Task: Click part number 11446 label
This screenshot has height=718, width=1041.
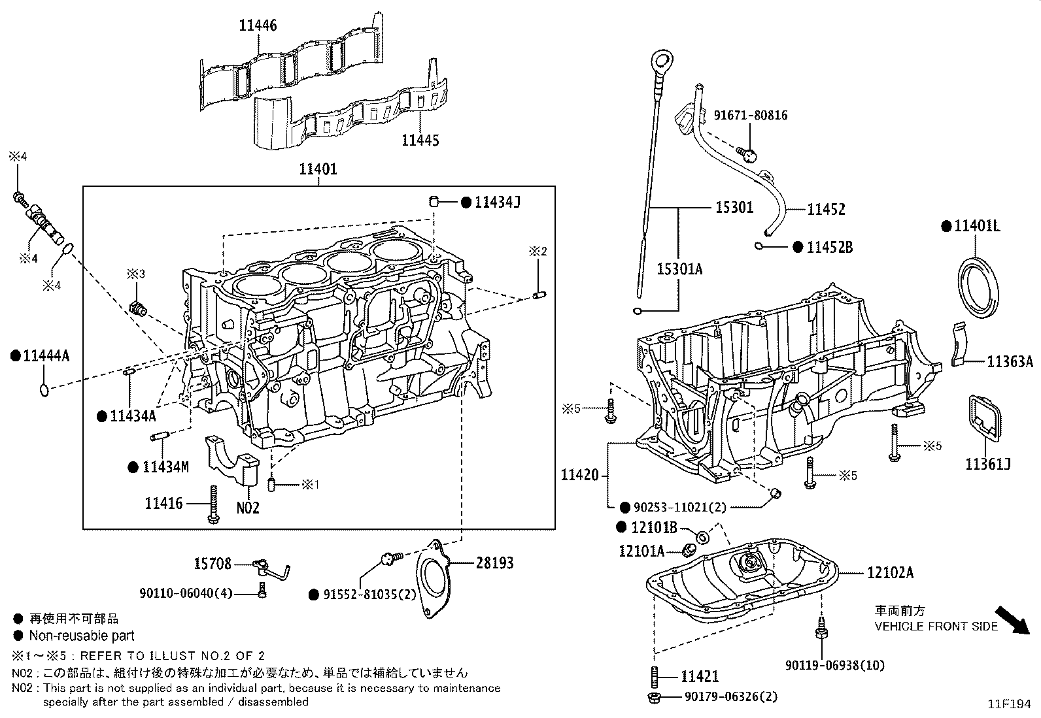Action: (x=258, y=25)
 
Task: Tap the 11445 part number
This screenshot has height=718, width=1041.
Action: (x=420, y=140)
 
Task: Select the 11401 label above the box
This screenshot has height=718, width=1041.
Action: (x=318, y=169)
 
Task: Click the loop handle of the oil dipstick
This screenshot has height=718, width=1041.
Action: (x=661, y=63)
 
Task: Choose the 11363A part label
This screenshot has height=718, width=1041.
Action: (x=1010, y=362)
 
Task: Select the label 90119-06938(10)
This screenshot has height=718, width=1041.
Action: (x=835, y=665)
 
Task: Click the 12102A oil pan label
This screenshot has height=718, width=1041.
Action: (x=890, y=573)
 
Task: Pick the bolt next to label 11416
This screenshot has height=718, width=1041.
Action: (x=213, y=504)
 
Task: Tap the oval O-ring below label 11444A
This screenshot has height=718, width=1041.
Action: (x=44, y=390)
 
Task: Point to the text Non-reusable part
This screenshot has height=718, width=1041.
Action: (x=82, y=636)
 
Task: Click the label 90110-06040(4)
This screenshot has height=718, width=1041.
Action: (x=186, y=593)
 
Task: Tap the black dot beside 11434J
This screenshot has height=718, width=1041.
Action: (x=466, y=203)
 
